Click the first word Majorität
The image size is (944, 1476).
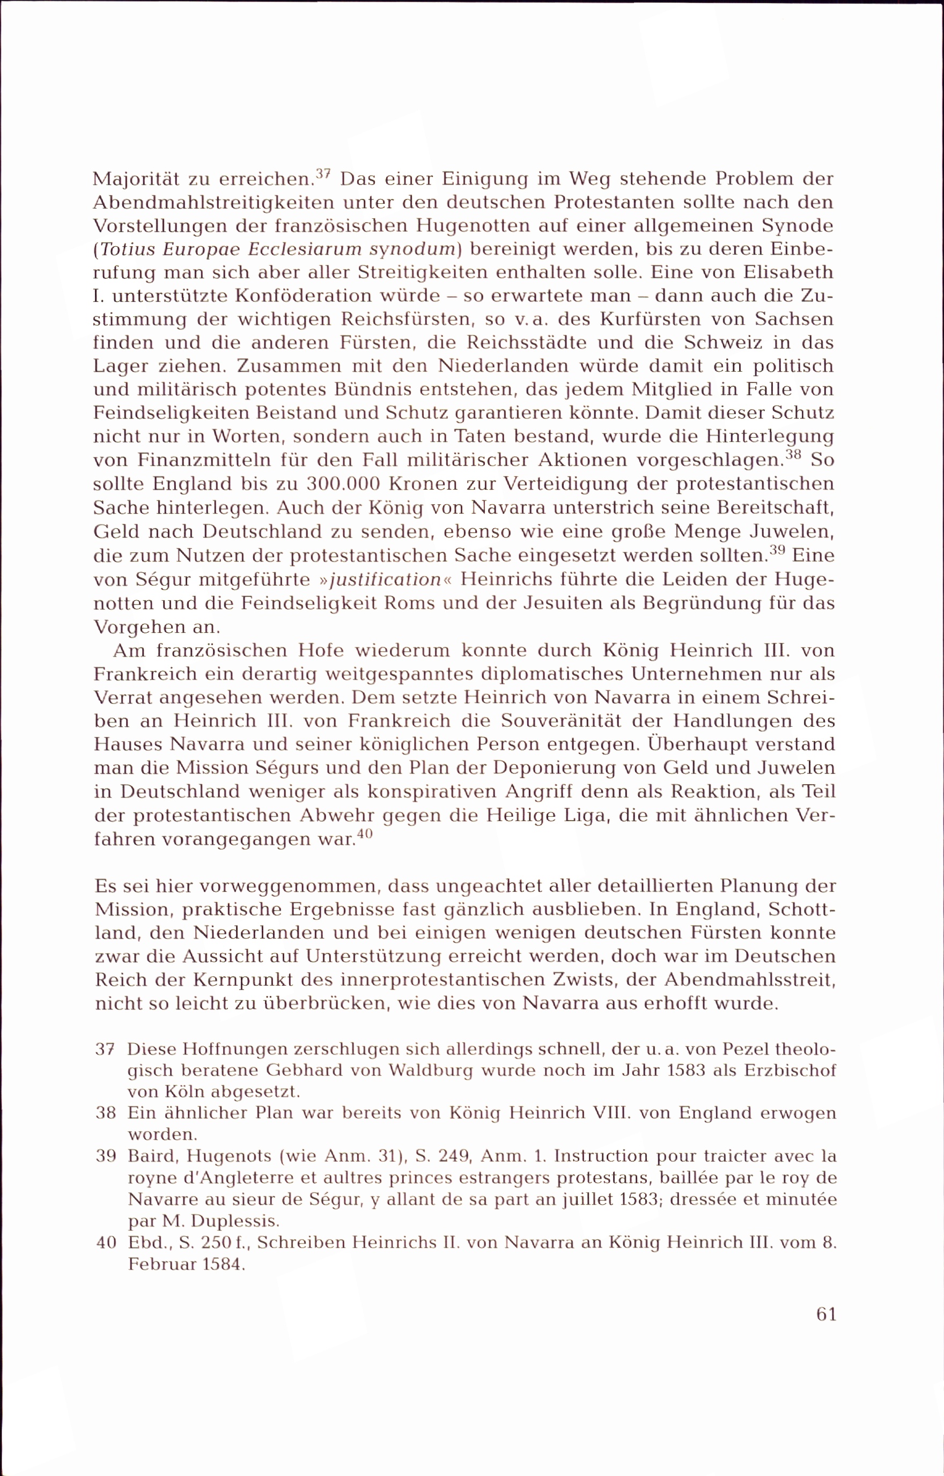(x=135, y=179)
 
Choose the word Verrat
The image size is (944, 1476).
(x=122, y=698)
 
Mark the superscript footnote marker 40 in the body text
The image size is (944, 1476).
(x=364, y=834)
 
